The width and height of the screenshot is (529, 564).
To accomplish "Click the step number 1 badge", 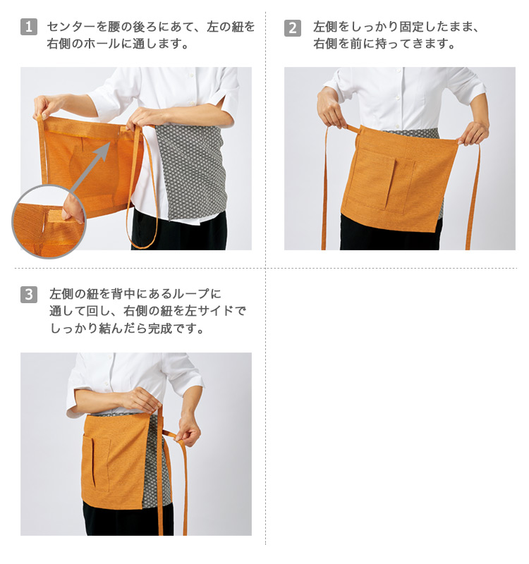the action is tap(29, 27).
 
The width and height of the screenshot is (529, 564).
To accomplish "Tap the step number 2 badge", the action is tap(293, 27).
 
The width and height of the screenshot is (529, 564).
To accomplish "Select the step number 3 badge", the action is tap(29, 295).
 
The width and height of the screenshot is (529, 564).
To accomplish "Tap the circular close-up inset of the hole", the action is tap(49, 221).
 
